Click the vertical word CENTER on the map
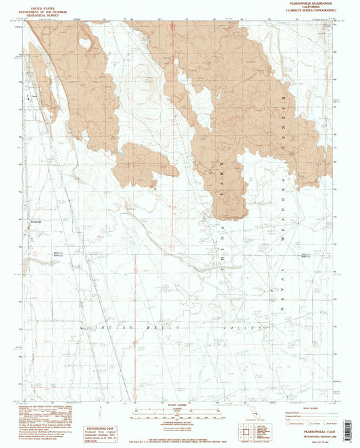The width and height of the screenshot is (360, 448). point(292,121)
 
